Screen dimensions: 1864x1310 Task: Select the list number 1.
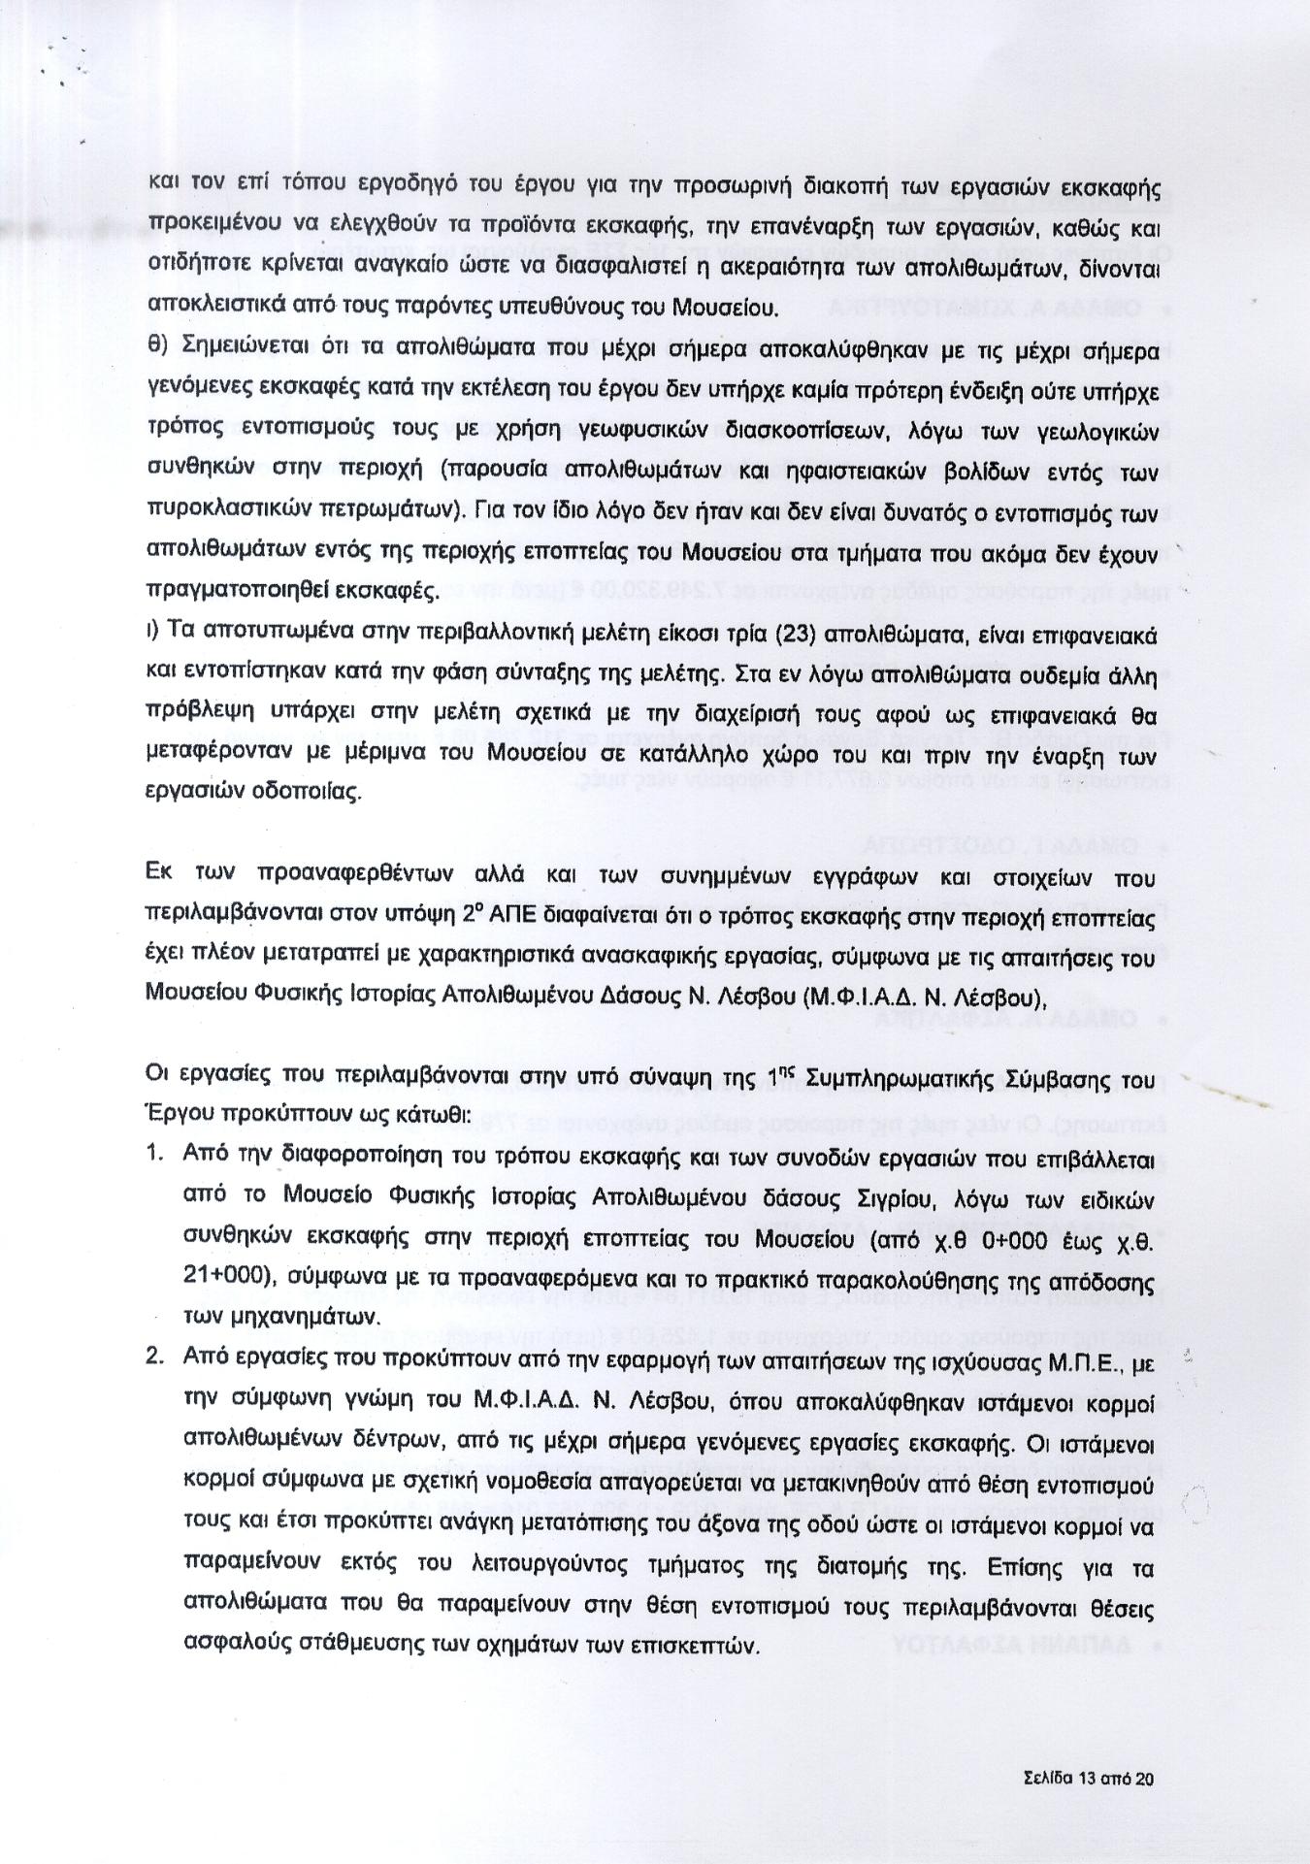point(152,1156)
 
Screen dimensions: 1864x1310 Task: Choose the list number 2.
point(153,1359)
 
